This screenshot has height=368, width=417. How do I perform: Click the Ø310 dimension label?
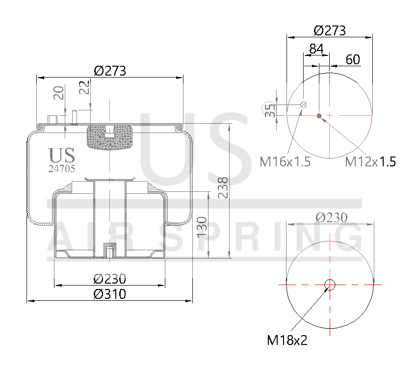pyautogui.click(x=109, y=294)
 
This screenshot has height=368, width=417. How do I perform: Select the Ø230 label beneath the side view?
pyautogui.click(x=109, y=279)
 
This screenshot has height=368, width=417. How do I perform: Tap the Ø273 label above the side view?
pyautogui.click(x=110, y=71)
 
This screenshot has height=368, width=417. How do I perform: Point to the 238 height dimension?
pyautogui.click(x=222, y=187)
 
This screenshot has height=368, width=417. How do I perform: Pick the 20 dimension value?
pyautogui.click(x=59, y=93)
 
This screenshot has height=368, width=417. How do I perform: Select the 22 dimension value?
pyautogui.click(x=85, y=88)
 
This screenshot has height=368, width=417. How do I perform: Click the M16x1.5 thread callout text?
pyautogui.click(x=285, y=161)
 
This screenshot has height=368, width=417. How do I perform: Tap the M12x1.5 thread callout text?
pyautogui.click(x=370, y=161)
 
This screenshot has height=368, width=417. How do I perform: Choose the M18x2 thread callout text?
pyautogui.click(x=287, y=340)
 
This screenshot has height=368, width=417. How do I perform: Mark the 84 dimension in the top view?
pyautogui.click(x=316, y=49)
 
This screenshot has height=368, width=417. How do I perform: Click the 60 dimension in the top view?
pyautogui.click(x=353, y=60)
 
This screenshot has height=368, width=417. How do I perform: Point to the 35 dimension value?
pyautogui.click(x=269, y=110)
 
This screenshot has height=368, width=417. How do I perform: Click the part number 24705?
pyautogui.click(x=62, y=169)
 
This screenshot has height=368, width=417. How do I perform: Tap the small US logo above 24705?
pyautogui.click(x=62, y=155)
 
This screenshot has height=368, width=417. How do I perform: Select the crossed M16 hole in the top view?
pyautogui.click(x=304, y=105)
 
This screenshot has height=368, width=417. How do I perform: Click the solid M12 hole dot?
pyautogui.click(x=319, y=116)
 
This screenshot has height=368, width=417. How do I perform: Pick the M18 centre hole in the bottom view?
pyautogui.click(x=330, y=284)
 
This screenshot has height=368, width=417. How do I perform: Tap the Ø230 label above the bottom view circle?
pyautogui.click(x=330, y=217)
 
